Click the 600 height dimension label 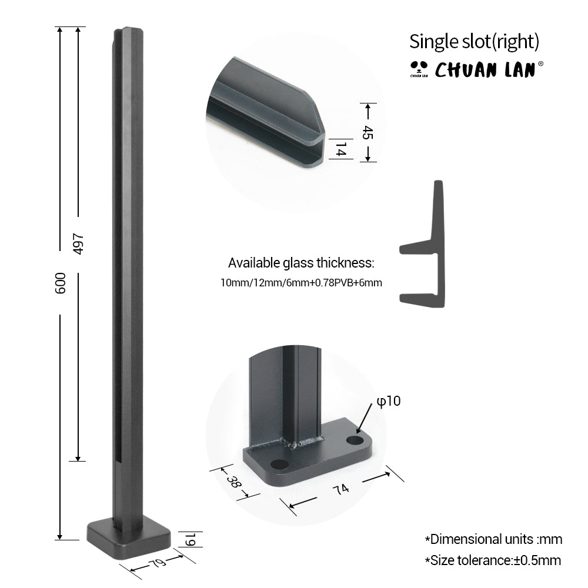click(60, 283)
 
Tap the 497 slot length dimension click(78, 244)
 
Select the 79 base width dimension click(157, 563)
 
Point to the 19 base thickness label click(190, 539)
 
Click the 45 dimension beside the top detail click(367, 132)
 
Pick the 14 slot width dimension click(340, 149)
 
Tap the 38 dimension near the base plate click(233, 482)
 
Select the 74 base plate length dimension click(340, 489)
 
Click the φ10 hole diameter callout click(389, 401)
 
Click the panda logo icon click(419, 69)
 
